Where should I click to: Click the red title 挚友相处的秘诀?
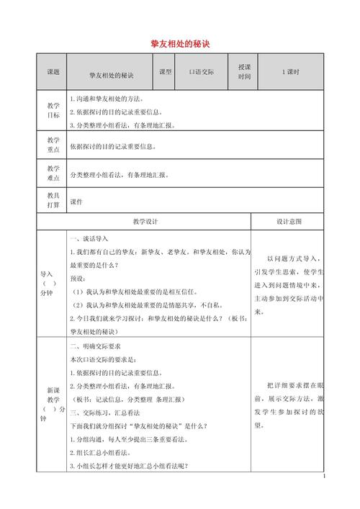tap(180, 44)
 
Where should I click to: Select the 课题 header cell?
tap(53, 72)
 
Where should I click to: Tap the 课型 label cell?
tap(165, 72)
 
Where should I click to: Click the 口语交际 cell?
tap(202, 72)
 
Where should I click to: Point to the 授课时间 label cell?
tap(245, 72)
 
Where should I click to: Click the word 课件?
tap(77, 202)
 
